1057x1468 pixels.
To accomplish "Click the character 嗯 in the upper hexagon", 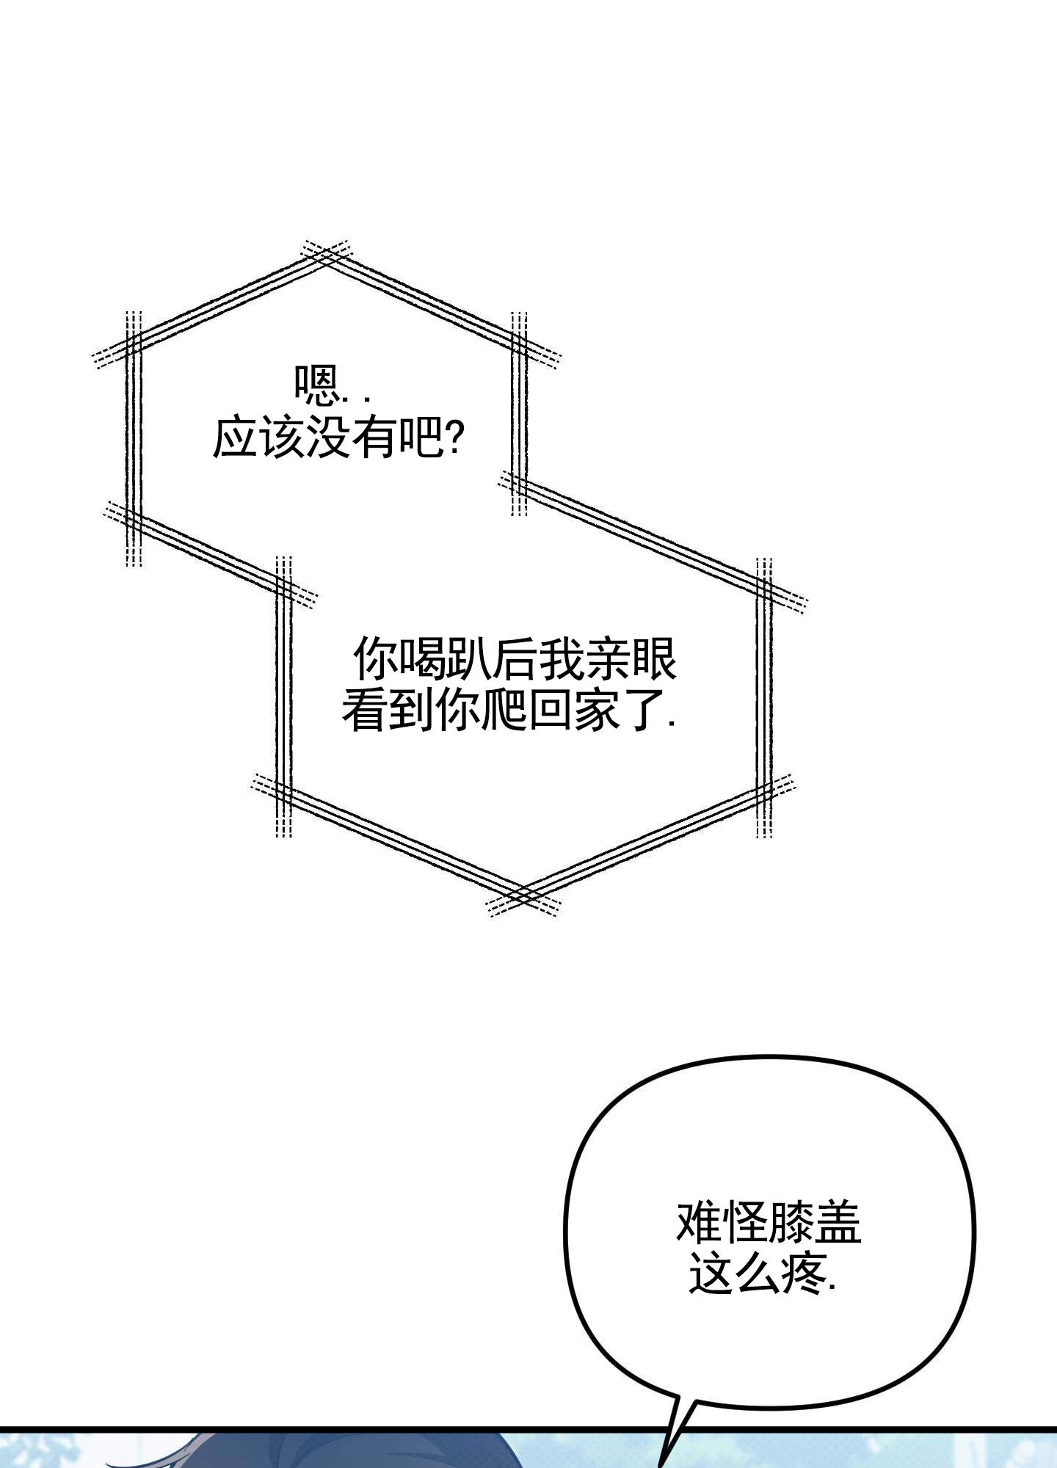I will point(315,386).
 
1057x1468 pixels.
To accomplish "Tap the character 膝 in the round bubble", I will point(791,1223).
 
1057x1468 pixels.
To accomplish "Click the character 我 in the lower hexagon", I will point(562,658).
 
